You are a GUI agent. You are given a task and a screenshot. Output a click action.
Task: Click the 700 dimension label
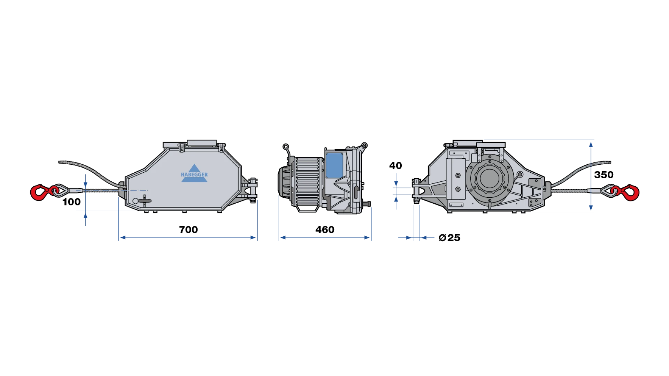pyautogui.click(x=188, y=230)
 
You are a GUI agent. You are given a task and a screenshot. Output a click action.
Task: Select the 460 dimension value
pyautogui.click(x=325, y=230)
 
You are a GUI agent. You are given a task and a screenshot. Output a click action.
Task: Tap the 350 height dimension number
pyautogui.click(x=603, y=175)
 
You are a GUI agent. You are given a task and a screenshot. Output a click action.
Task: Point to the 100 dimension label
pyautogui.click(x=71, y=202)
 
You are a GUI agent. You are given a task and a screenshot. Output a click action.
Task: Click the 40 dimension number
pyautogui.click(x=395, y=166)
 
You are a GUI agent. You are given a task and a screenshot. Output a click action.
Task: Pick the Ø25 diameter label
pyautogui.click(x=449, y=238)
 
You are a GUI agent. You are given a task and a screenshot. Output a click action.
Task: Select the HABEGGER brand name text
pyautogui.click(x=194, y=175)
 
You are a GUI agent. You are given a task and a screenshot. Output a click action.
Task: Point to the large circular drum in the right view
pyautogui.click(x=490, y=178)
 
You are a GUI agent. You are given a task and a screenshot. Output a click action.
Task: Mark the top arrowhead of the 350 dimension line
pyautogui.click(x=591, y=144)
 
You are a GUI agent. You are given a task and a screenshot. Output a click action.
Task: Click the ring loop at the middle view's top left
pyautogui.click(x=286, y=147)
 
